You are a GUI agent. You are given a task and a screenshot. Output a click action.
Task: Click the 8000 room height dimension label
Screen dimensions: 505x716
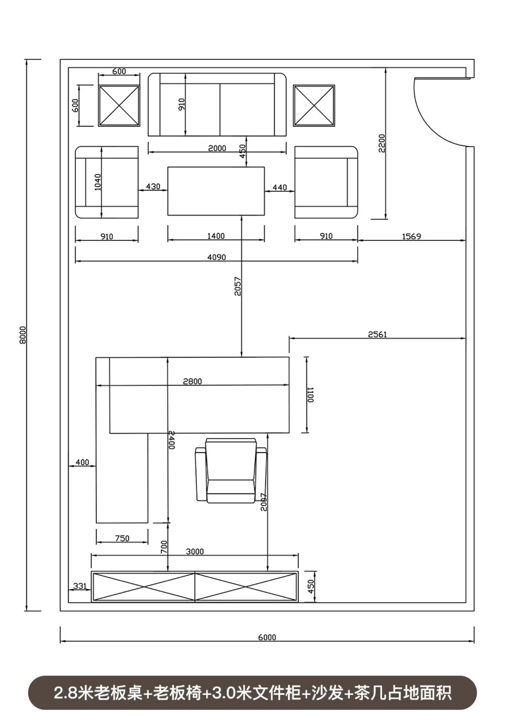[x=23, y=335]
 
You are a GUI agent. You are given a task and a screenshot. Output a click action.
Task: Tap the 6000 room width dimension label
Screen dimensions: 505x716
[x=267, y=637]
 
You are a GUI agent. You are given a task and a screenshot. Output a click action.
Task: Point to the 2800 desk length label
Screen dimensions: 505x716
[x=193, y=381]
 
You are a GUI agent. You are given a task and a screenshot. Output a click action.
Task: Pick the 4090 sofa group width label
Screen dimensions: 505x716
[x=216, y=257]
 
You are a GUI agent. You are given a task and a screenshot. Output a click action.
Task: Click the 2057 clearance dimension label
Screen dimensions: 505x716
[x=238, y=286]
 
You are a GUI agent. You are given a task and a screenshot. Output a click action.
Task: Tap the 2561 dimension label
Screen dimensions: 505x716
[x=377, y=334]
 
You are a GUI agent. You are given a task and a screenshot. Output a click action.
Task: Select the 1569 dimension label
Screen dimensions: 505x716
[x=411, y=236]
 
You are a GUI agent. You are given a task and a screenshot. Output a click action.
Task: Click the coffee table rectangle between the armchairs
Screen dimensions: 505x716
[x=216, y=191]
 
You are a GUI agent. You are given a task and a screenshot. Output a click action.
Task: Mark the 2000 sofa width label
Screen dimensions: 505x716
[x=217, y=148]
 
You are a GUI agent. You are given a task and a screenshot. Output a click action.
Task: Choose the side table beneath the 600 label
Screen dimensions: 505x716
[x=119, y=106]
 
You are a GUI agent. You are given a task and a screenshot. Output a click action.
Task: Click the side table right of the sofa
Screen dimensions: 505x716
[x=314, y=106]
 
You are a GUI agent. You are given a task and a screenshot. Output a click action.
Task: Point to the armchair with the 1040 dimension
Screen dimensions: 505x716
[x=107, y=182]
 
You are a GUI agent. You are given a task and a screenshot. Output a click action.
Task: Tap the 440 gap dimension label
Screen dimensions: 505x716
[x=280, y=187]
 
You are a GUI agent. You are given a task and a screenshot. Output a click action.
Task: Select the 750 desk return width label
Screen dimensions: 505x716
[x=122, y=538]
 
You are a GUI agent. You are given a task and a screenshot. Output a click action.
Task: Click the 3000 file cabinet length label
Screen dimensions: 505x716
[x=195, y=551]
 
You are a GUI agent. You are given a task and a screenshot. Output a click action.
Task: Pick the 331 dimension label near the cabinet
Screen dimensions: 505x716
[x=80, y=586]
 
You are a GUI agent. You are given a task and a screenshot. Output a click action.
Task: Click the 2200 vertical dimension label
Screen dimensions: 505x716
[x=382, y=143]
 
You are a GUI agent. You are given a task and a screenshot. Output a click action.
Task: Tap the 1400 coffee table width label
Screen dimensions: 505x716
[x=216, y=236]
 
